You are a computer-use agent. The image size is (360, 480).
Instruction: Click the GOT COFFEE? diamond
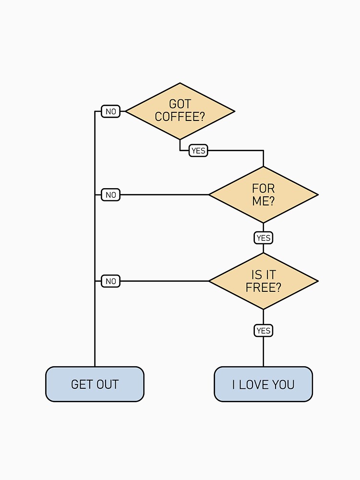180,111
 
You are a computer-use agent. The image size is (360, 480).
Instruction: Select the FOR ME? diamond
263,194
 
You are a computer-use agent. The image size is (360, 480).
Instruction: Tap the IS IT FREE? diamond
263,281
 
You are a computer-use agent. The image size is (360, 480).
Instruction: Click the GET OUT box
95,384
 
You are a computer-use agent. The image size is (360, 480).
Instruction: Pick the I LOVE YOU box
263,384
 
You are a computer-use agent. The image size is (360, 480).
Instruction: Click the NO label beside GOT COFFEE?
110,111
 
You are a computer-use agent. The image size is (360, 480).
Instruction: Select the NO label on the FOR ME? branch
110,195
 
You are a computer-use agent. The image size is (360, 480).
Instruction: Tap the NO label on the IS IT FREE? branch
110,281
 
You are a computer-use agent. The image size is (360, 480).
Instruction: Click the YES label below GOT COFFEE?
198,151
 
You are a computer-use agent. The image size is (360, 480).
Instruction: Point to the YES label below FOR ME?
263,238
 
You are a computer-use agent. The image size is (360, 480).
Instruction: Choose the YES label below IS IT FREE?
263,330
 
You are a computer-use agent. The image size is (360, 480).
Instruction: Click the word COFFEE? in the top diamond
180,117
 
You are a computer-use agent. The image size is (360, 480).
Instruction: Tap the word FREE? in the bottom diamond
263,288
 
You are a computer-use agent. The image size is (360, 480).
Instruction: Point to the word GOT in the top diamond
180,104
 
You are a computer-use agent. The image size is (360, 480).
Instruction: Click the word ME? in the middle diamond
263,201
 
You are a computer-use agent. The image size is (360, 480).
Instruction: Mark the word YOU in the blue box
284,384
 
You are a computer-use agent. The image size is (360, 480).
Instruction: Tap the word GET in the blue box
81,384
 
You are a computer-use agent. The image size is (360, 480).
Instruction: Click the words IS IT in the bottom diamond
263,275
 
